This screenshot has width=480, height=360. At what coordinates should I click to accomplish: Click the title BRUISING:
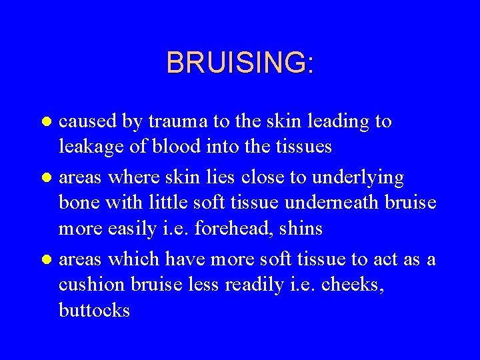(240, 63)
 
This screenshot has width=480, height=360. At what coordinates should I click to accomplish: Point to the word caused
(89, 121)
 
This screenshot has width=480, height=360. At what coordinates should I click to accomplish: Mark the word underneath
(337, 203)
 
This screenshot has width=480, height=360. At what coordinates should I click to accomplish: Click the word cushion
(91, 285)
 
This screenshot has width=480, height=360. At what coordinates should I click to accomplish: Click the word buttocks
(94, 310)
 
